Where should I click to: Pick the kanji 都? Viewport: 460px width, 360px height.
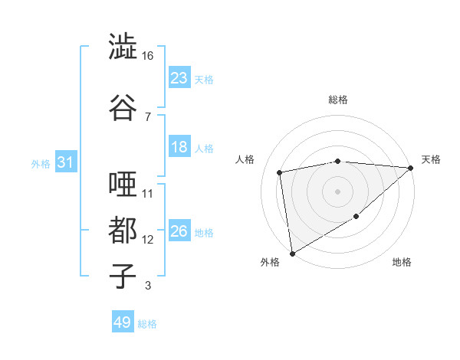pos(123,231)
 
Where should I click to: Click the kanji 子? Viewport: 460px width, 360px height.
pos(123,277)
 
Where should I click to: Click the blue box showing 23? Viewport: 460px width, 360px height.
pos(179,78)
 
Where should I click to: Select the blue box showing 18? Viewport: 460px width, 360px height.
pos(179,147)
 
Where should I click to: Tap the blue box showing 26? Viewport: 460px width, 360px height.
pos(179,231)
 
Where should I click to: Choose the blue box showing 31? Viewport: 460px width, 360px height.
pos(66,162)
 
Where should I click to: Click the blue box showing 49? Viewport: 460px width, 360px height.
pos(123,322)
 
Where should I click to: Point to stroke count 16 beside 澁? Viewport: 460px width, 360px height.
pos(147,56)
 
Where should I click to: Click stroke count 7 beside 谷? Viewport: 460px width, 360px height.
pos(147,116)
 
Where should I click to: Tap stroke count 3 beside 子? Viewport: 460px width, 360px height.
pos(147,286)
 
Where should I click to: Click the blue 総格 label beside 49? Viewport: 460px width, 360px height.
pos(147,324)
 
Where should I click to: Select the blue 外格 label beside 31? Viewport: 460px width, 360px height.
pos(41,164)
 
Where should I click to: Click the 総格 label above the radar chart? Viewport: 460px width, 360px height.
pos(337,100)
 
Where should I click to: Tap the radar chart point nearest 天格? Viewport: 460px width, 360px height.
pos(412,168)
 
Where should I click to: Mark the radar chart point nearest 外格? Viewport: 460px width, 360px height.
pos(292,253)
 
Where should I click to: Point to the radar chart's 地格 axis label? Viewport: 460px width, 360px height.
pos(402,262)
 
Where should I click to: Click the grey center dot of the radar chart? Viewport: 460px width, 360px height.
pos(337,191)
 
